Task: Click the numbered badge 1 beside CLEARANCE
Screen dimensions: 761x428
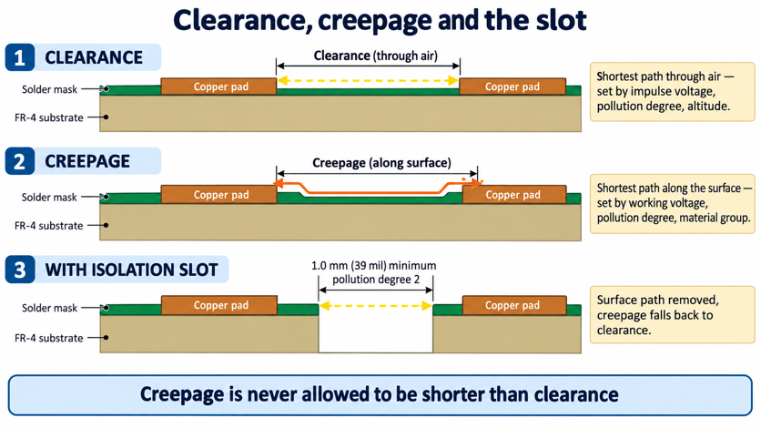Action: tap(20, 57)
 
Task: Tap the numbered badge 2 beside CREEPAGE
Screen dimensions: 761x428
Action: tap(20, 161)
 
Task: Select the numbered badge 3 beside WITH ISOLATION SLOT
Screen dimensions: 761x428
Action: tap(20, 270)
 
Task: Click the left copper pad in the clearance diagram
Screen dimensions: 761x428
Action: tap(218, 87)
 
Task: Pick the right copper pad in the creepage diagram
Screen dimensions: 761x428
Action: tap(514, 195)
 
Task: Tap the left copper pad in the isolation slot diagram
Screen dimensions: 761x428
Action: tap(218, 305)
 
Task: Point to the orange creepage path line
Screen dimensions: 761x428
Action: tap(377, 193)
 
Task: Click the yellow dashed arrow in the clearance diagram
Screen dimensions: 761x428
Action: tap(368, 80)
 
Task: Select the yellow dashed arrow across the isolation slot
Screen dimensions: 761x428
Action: tap(376, 306)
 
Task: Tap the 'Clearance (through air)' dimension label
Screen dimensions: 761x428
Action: tap(376, 56)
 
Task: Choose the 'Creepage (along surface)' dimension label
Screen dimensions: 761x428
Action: tap(381, 163)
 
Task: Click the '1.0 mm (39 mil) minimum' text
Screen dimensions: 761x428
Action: tap(374, 266)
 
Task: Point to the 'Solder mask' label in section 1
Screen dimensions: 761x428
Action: tap(49, 89)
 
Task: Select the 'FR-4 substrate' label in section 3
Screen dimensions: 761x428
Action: tap(49, 338)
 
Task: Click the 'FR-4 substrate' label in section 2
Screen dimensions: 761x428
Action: tap(49, 226)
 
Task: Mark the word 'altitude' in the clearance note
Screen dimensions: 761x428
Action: tap(707, 107)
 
